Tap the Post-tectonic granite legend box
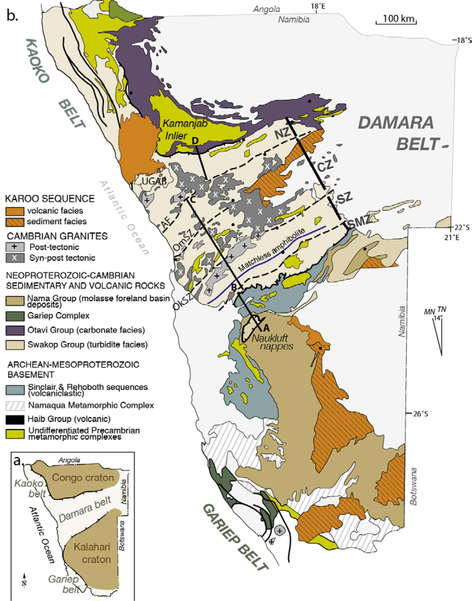[15, 247]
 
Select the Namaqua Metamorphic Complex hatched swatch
[15, 406]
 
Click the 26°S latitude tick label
[420, 414]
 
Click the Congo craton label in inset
[83, 477]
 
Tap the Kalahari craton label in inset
[92, 553]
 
